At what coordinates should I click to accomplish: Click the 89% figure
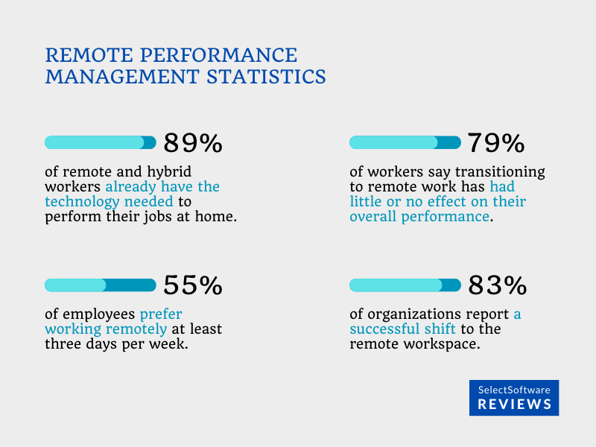[192, 143]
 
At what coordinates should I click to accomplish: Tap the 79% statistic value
[496, 143]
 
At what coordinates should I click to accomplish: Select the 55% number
[192, 285]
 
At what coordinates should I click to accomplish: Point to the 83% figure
[497, 285]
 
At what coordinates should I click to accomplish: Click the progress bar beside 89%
[101, 142]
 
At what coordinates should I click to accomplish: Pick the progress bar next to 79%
[405, 142]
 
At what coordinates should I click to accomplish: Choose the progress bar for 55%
[101, 285]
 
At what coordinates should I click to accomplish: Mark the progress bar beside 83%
[405, 285]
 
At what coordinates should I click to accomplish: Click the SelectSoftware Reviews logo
[514, 398]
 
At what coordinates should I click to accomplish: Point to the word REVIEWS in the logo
[514, 405]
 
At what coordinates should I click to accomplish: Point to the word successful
[387, 330]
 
